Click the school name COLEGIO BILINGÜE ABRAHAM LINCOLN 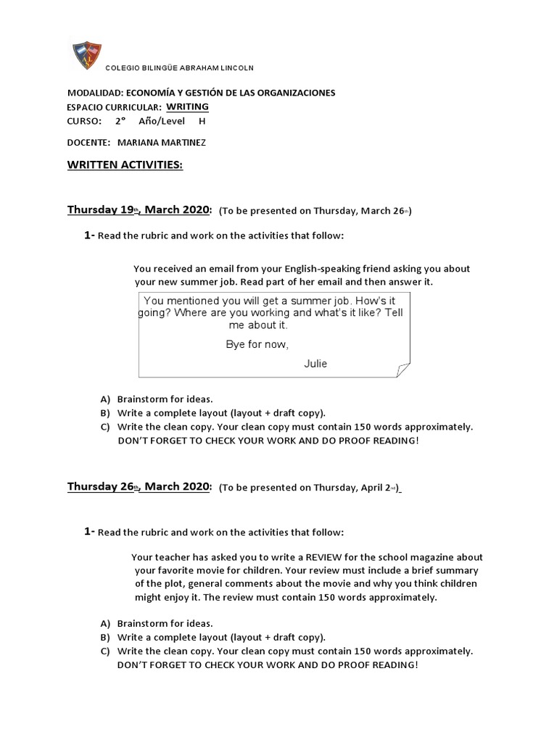coord(179,68)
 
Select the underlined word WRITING coord(187,107)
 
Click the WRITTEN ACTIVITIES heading coord(125,165)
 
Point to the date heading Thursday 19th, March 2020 coord(139,210)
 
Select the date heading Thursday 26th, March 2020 coord(139,486)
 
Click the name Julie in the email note coord(315,364)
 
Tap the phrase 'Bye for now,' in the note coord(257,344)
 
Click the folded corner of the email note coord(402,370)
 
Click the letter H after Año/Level coord(202,121)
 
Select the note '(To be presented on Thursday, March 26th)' coord(314,211)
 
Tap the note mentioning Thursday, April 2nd coord(310,488)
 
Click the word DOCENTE coord(88,143)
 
